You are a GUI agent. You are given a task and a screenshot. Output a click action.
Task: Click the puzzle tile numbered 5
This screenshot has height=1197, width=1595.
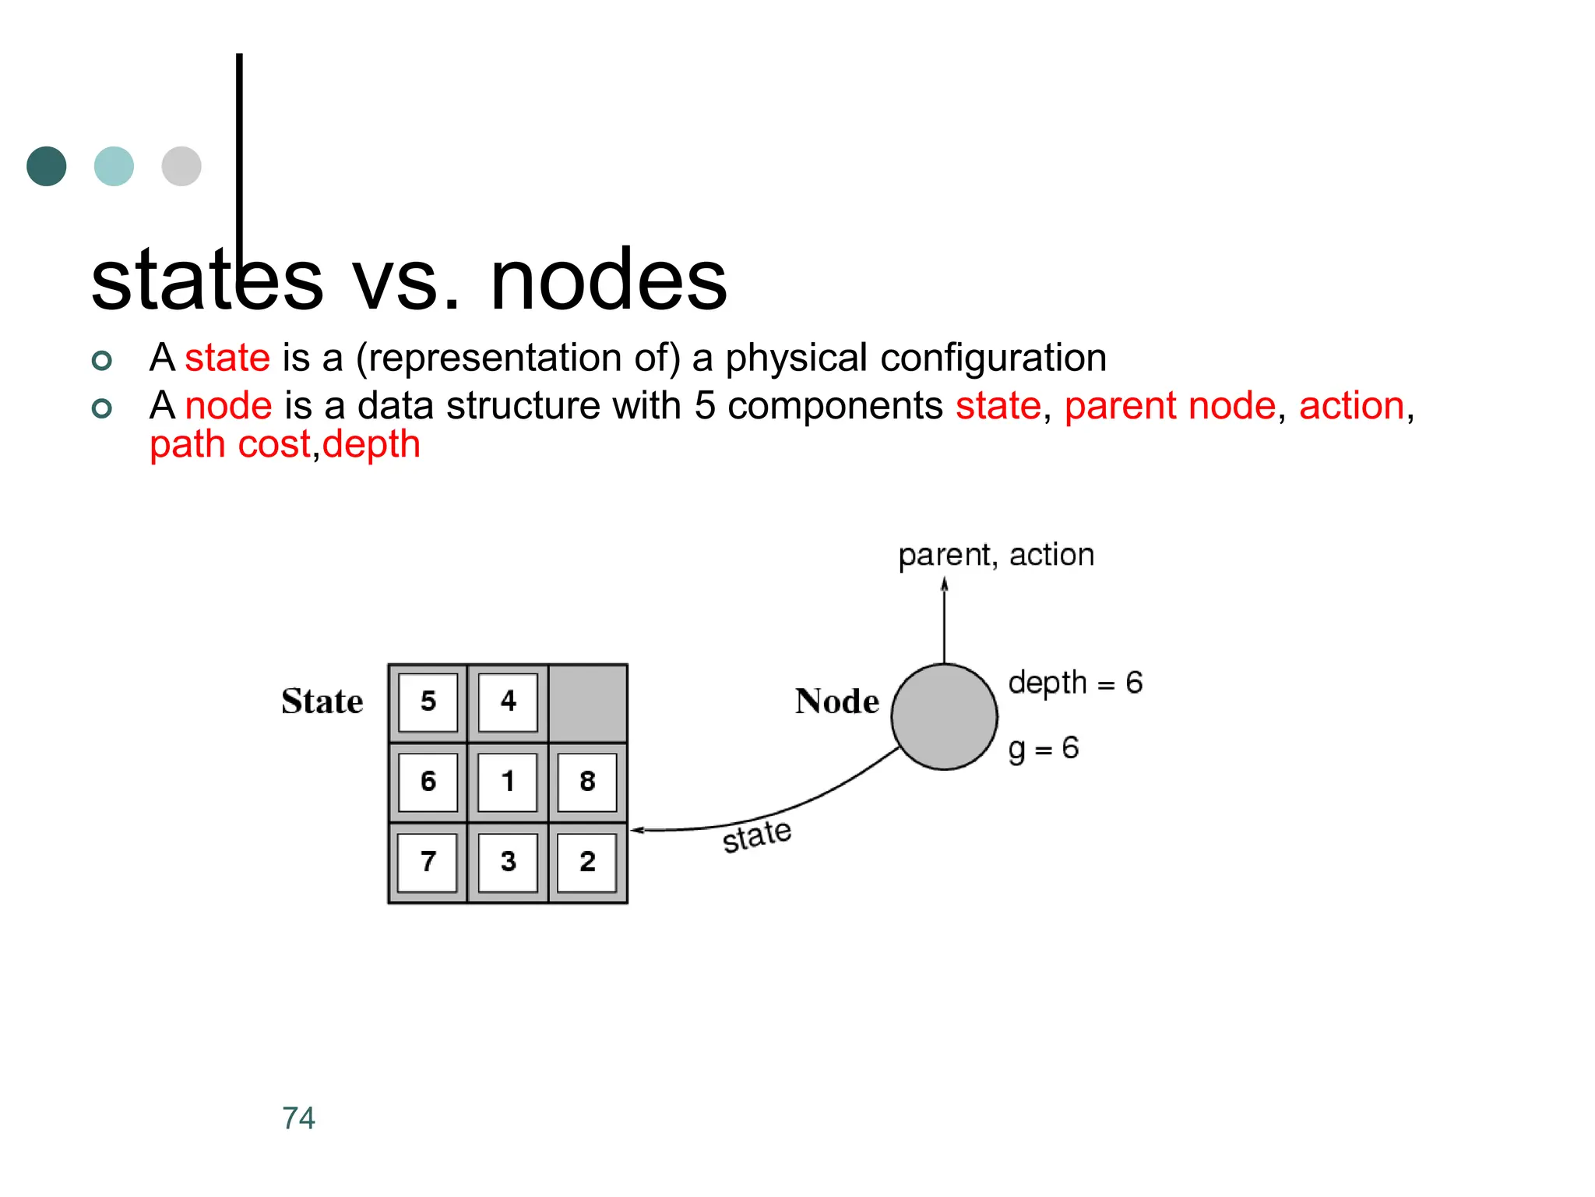click(428, 701)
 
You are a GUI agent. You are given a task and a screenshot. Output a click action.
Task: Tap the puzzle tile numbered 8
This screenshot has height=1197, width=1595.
click(587, 782)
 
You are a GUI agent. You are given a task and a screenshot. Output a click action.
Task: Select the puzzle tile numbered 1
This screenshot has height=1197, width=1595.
click(508, 782)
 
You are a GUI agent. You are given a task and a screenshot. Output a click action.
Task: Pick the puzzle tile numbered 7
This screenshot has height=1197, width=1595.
click(428, 862)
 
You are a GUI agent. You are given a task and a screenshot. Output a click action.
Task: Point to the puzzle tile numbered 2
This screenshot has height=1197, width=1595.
click(587, 862)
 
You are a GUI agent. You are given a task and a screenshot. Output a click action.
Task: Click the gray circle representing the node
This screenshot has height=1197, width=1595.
click(944, 717)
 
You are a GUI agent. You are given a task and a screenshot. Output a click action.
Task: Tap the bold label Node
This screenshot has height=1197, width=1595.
click(837, 701)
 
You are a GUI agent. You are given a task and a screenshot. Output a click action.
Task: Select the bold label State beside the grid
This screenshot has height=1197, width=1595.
click(322, 701)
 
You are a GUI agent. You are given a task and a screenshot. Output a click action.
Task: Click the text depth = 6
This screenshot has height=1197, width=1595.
click(1075, 683)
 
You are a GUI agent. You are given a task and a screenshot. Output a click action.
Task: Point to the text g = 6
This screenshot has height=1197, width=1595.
click(1044, 748)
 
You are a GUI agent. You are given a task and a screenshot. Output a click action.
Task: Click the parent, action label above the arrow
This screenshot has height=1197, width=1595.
click(996, 555)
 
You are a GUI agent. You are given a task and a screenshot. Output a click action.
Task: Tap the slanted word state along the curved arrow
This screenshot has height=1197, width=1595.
click(756, 836)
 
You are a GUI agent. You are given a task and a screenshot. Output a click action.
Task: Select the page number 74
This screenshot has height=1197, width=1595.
click(298, 1118)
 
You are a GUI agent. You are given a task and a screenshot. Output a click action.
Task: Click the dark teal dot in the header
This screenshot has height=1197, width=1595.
click(47, 166)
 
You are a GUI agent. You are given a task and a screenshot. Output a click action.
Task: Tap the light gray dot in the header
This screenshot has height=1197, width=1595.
click(181, 166)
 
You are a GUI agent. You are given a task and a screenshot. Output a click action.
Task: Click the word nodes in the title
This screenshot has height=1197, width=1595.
click(608, 279)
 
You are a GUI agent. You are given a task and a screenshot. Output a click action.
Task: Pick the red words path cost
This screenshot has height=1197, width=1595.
click(230, 444)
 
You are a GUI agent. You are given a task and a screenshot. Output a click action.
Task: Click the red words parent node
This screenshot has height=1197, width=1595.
click(1170, 406)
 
